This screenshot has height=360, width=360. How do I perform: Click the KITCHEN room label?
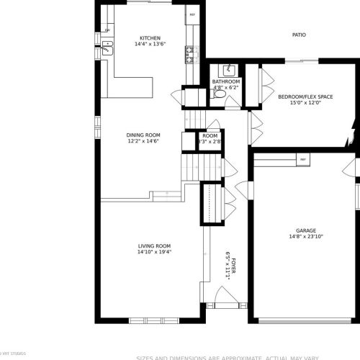[x=150, y=38]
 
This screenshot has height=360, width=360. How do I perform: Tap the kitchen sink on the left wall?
[x=108, y=48]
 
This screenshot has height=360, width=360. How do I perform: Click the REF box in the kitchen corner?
[x=192, y=14]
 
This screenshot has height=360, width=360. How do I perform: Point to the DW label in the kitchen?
[x=107, y=30]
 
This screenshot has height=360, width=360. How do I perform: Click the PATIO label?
[x=299, y=34]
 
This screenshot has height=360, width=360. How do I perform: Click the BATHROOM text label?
[x=226, y=82]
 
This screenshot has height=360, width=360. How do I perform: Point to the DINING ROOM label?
[x=143, y=135]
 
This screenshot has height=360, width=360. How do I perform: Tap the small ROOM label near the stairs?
[x=210, y=135]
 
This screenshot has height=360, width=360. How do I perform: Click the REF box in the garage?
[x=302, y=158]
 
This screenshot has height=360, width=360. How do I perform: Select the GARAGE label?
[x=305, y=229]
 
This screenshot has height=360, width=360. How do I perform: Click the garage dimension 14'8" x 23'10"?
[x=305, y=235]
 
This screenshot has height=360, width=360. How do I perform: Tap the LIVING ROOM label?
[x=154, y=246]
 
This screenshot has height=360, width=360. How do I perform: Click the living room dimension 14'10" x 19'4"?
[x=154, y=253]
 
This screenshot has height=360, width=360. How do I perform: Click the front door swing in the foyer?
[x=217, y=297]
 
